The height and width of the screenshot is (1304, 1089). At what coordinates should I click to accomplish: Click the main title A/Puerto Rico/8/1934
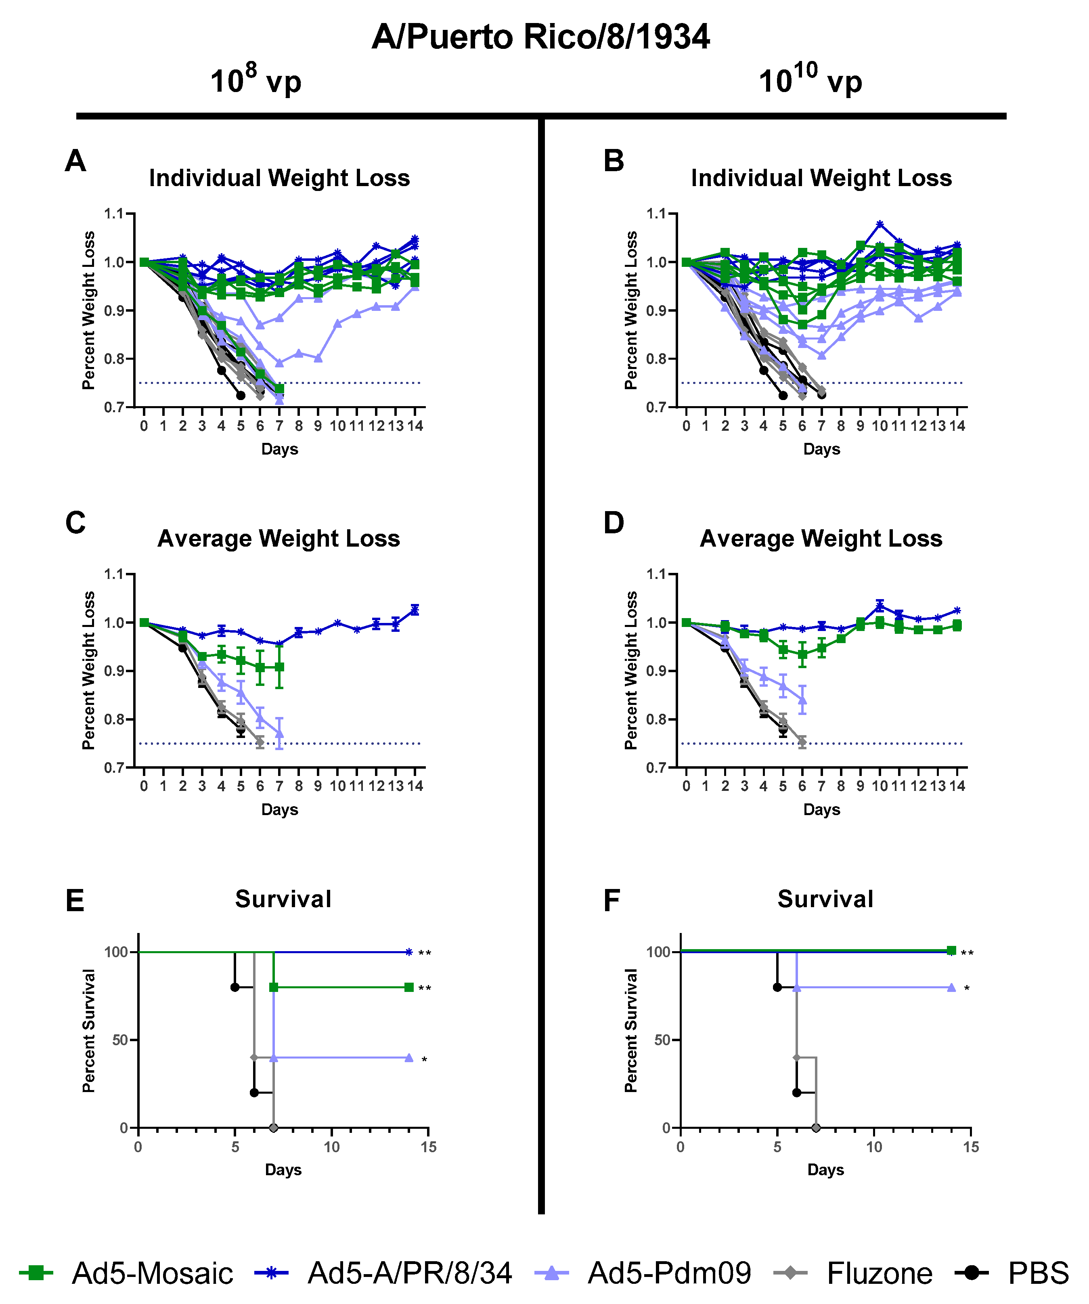540,37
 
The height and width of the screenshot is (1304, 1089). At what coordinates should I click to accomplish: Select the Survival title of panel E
283,899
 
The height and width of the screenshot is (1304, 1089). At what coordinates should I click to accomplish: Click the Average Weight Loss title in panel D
821,539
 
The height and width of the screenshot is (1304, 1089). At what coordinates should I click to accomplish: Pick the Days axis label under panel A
279,449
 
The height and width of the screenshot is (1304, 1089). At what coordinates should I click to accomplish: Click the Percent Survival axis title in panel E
89,1031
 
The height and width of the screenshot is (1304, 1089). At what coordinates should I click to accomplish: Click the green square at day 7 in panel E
274,987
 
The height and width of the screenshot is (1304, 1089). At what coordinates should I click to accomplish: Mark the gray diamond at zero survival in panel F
816,1128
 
